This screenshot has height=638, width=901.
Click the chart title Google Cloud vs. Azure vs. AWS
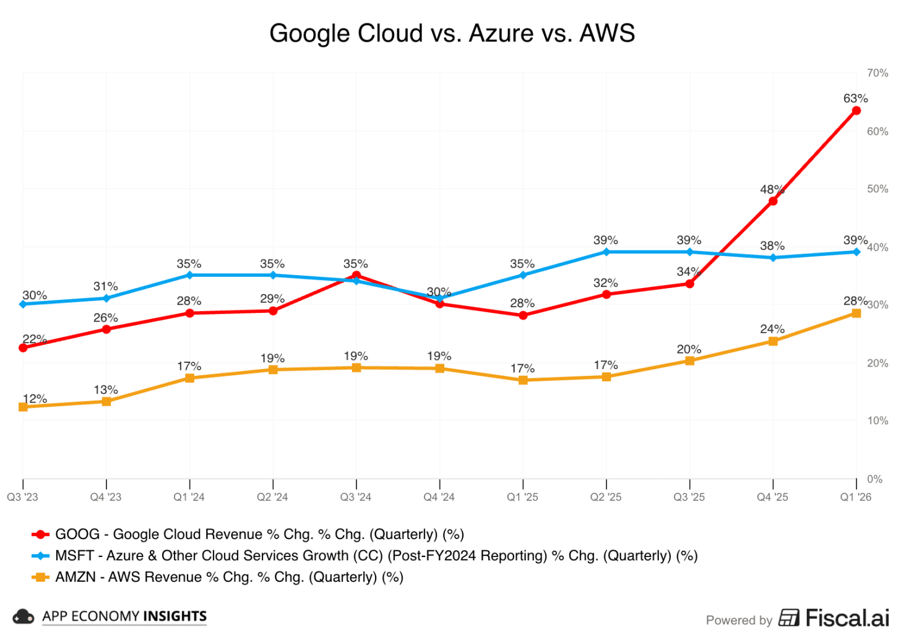(x=452, y=33)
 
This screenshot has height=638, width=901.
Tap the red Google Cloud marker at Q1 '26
(x=856, y=111)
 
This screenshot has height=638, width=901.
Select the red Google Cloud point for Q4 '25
(x=773, y=201)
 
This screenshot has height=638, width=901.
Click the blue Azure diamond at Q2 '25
(x=606, y=252)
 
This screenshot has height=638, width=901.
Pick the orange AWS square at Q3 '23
(x=24, y=407)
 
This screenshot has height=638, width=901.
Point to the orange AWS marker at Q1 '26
(x=856, y=313)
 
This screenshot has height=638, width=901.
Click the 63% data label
(x=856, y=98)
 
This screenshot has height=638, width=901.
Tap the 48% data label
(x=772, y=189)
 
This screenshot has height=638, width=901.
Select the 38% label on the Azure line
(x=772, y=245)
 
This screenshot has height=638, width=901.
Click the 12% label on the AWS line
(x=35, y=399)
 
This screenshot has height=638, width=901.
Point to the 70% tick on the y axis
(x=877, y=73)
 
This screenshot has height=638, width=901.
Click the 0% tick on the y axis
(x=875, y=479)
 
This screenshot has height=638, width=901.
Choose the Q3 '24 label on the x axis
(x=356, y=497)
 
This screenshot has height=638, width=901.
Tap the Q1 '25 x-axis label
(x=522, y=497)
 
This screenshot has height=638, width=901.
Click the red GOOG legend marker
(x=40, y=534)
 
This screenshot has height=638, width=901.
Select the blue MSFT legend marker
(x=40, y=556)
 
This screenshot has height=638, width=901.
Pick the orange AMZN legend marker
(x=40, y=577)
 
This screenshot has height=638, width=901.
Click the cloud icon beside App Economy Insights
(x=23, y=617)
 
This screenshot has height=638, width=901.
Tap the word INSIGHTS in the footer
(x=175, y=616)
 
